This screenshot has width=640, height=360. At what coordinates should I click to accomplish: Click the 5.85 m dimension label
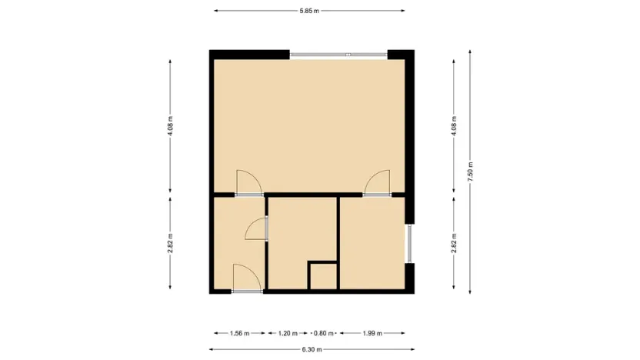309,11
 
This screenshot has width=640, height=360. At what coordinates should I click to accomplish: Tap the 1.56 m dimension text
239,333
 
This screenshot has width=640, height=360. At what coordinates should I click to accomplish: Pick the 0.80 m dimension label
323,333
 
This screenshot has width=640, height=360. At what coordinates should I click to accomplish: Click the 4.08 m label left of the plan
170,125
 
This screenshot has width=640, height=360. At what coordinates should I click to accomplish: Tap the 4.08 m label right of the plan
454,125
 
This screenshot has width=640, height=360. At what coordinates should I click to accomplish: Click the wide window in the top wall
338,54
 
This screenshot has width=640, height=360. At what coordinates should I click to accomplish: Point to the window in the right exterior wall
410,244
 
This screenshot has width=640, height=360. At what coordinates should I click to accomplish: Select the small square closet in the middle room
323,276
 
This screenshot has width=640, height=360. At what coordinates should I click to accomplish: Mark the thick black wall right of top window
401,55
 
